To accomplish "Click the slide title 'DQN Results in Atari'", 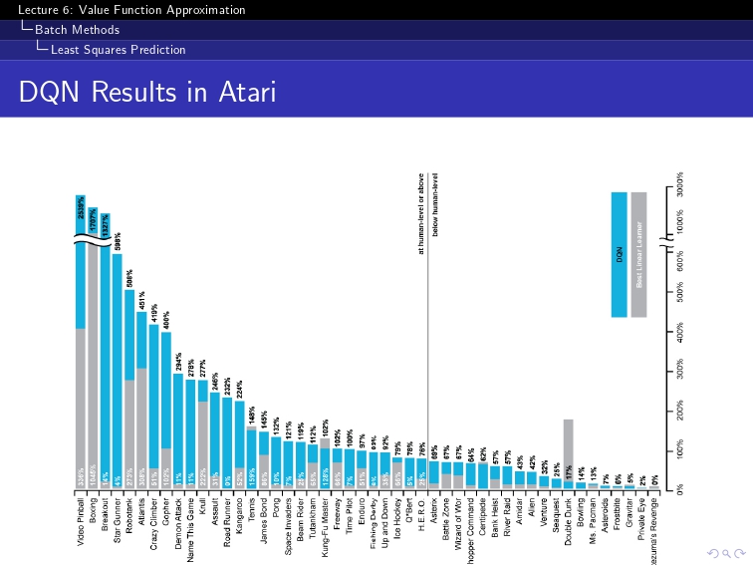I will [x=146, y=92].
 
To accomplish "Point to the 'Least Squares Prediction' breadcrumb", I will [x=118, y=50].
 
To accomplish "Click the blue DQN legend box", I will [x=619, y=254].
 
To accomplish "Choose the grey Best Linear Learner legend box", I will [x=639, y=254].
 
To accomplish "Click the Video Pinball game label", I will [x=81, y=522].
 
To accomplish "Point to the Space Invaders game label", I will [x=289, y=525].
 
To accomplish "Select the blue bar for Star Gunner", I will [x=118, y=369].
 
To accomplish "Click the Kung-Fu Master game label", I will [x=326, y=524].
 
